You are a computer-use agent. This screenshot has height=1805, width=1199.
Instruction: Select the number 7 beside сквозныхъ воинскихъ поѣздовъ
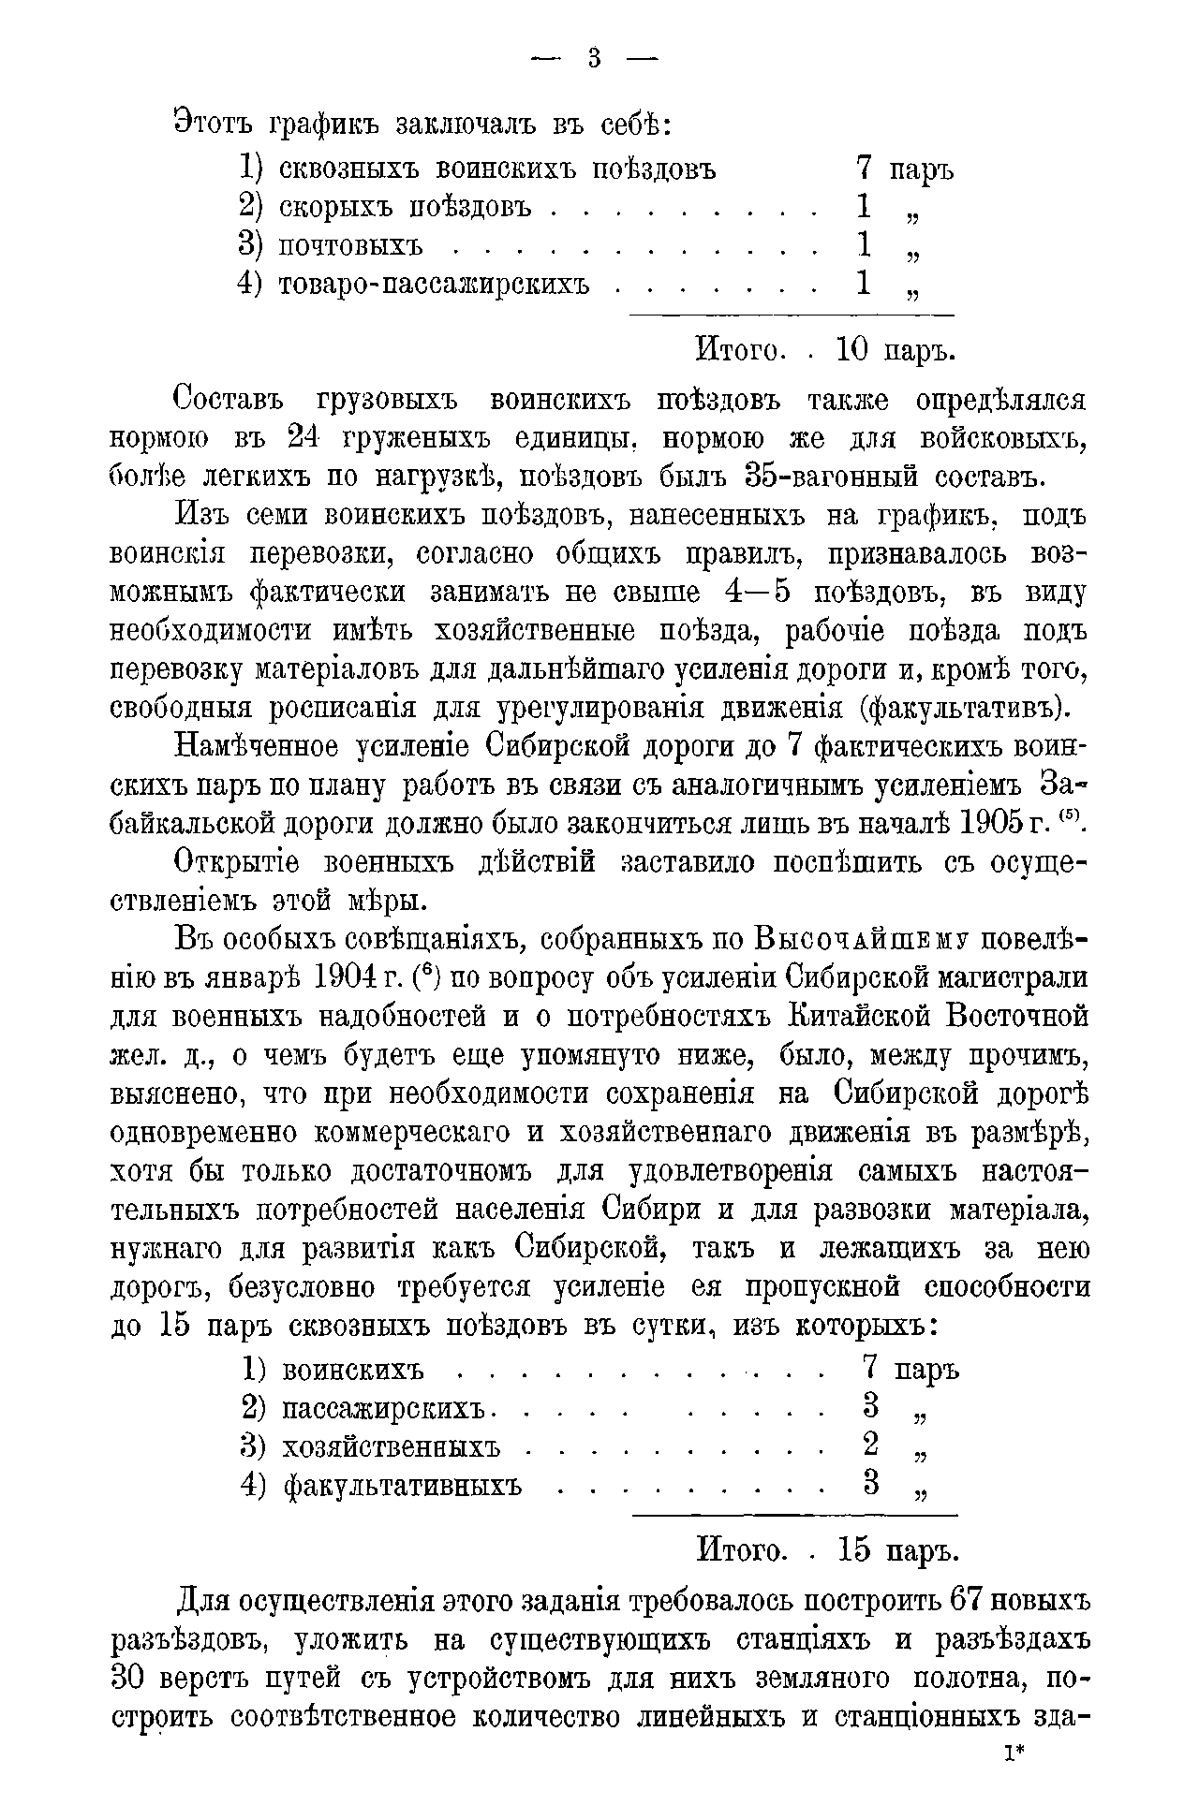[x=865, y=169]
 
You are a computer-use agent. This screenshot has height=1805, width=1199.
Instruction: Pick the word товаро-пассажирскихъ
[x=435, y=284]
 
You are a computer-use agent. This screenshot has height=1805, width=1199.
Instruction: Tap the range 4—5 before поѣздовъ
[x=760, y=594]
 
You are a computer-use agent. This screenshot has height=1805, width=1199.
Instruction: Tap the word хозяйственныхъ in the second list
[x=392, y=1446]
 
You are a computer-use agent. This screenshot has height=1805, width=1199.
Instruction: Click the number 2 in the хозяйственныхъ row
[x=871, y=1445]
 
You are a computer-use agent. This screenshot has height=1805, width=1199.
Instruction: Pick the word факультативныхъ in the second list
[x=403, y=1485]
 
